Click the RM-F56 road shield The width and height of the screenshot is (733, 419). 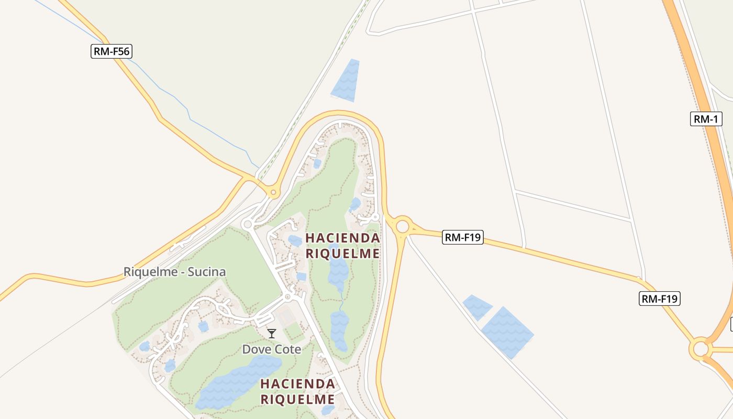click(111, 51)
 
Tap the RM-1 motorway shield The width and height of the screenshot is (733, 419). click(706, 119)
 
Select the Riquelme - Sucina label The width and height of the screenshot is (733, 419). click(174, 272)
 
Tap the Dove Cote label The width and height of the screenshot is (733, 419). click(271, 349)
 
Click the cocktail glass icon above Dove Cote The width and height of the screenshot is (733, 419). click(271, 334)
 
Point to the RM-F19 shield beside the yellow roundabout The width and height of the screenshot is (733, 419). click(462, 237)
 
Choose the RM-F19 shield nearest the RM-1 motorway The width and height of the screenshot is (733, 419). click(660, 299)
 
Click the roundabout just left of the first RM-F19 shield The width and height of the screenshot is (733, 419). click(402, 227)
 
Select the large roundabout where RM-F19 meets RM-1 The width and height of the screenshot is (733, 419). click(700, 349)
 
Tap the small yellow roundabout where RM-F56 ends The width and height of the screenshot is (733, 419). click(272, 193)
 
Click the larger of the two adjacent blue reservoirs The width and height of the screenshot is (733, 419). click(507, 333)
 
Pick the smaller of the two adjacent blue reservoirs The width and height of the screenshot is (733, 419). click(477, 307)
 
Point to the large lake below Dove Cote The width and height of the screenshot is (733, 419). click(238, 382)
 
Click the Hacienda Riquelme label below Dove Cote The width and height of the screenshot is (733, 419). click(297, 391)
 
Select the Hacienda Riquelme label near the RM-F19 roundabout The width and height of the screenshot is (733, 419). click(342, 246)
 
